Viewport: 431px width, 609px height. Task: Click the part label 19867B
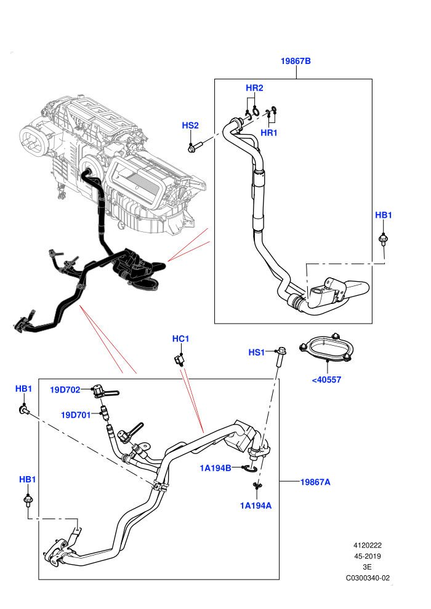tap(296, 61)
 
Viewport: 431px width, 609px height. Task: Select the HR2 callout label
tap(254, 88)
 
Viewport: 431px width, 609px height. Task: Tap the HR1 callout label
tap(269, 132)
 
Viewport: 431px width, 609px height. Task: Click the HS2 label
tap(190, 125)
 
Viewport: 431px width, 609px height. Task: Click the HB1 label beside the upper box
tap(383, 215)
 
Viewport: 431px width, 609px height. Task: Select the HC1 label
tap(181, 339)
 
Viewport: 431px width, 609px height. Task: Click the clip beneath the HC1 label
tap(179, 360)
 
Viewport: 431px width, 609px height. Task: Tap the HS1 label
tap(257, 352)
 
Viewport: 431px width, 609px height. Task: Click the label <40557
tap(326, 380)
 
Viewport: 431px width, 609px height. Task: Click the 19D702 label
tap(65, 389)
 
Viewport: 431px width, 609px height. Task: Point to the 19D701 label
tap(76, 415)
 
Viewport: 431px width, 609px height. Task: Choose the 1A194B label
tap(216, 468)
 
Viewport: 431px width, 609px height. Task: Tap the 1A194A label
tap(256, 505)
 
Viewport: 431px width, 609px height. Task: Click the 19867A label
tap(315, 482)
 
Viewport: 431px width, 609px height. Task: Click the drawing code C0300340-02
tap(368, 578)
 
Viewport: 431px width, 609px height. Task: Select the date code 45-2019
tap(367, 556)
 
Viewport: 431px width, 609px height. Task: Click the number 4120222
tap(367, 545)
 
